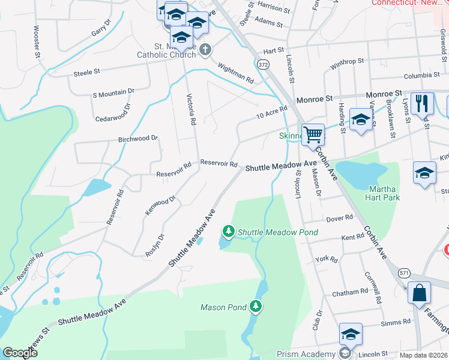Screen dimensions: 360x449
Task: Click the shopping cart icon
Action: (x=313, y=134)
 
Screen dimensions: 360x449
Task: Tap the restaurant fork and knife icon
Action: (x=423, y=103)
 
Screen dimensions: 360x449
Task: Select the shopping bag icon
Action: (x=419, y=293)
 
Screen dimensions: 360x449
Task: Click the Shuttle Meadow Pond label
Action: (x=277, y=232)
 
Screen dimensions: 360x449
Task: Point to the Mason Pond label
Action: (x=223, y=307)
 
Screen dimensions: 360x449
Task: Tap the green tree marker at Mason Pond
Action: (x=256, y=307)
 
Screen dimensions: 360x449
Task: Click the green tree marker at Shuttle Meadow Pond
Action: (x=228, y=231)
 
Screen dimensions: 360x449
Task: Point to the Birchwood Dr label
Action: (x=138, y=138)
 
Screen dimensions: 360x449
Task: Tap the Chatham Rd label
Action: (x=351, y=292)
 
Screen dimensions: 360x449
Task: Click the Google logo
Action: (x=20, y=353)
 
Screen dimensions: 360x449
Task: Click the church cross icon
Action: (x=206, y=50)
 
